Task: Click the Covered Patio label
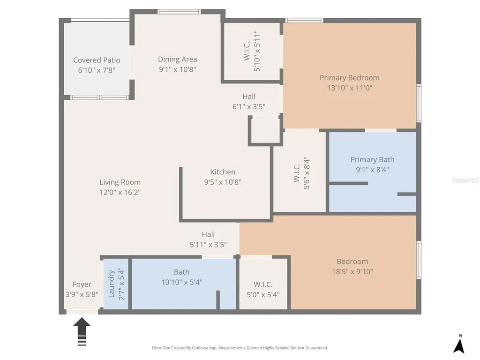[97, 60]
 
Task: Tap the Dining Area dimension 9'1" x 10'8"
[177, 69]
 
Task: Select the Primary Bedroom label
[350, 78]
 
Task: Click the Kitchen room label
[223, 172]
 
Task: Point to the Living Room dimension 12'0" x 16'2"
[120, 192]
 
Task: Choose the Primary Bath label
[372, 159]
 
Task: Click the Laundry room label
[112, 284]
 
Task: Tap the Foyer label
[82, 285]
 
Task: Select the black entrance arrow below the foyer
[82, 331]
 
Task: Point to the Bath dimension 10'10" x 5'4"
[181, 282]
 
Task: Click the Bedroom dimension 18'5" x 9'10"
[352, 271]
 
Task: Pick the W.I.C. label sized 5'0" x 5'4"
[263, 285]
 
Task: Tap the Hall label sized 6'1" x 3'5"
[248, 97]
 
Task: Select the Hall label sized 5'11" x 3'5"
[208, 234]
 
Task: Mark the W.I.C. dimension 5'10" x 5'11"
[257, 51]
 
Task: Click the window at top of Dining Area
[180, 12]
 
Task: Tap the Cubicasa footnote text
[240, 348]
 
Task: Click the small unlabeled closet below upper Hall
[265, 131]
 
